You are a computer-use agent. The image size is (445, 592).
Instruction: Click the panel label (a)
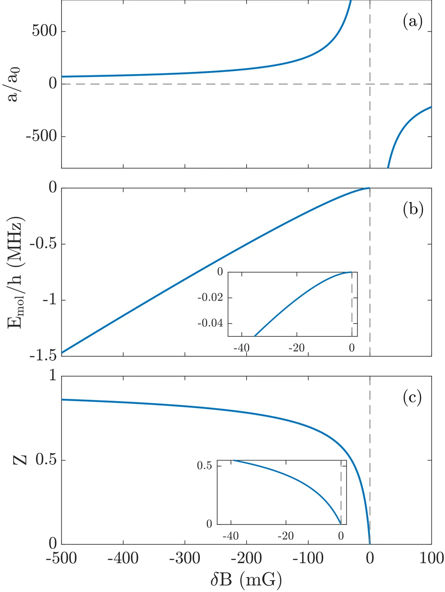412,22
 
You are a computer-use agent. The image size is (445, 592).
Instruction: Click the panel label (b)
413,209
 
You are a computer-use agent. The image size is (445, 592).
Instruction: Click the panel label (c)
412,397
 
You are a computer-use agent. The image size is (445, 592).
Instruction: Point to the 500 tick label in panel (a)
44,31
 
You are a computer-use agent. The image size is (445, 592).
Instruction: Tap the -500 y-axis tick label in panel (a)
41,137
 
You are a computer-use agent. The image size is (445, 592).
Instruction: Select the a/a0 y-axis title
14,84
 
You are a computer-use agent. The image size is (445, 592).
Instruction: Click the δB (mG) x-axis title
246,579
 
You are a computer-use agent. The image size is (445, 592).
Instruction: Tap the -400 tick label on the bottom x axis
123,558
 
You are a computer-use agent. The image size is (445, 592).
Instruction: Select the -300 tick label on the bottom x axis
185,558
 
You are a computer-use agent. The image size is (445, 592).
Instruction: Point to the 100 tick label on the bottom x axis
432,558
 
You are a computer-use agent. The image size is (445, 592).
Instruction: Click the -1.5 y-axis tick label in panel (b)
43,356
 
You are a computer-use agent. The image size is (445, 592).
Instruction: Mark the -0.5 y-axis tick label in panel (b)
43,244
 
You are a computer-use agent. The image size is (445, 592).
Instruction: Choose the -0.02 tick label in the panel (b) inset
210,298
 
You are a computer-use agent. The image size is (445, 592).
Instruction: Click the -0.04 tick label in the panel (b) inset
210,323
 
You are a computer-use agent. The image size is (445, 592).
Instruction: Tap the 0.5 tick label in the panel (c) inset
204,465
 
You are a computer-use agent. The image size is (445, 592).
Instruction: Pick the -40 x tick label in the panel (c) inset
230,536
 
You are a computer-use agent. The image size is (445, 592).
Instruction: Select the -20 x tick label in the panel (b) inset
296,348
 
